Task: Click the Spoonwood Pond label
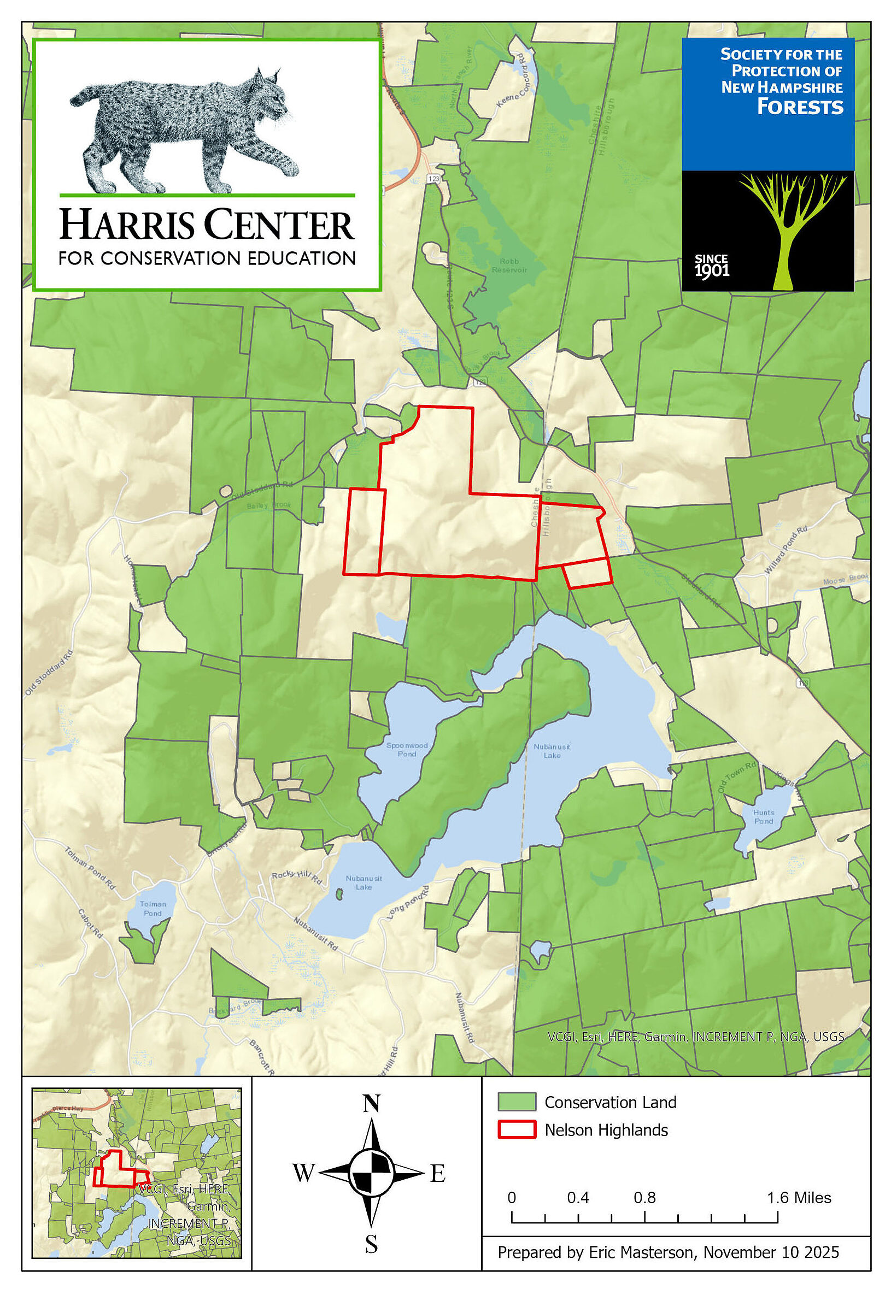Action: [407, 749]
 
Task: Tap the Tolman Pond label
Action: [153, 908]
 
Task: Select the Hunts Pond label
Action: [763, 817]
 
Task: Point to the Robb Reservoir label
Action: [509, 265]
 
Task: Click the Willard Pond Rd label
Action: [786, 550]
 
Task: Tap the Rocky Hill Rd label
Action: [296, 877]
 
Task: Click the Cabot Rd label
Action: [90, 923]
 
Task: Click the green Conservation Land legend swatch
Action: [517, 1102]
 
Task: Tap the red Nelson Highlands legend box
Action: [517, 1129]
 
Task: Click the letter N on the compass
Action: [371, 1104]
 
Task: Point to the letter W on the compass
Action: [304, 1173]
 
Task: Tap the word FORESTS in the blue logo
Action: [800, 107]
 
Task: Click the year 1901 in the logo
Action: [711, 271]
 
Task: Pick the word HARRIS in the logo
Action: [127, 224]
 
